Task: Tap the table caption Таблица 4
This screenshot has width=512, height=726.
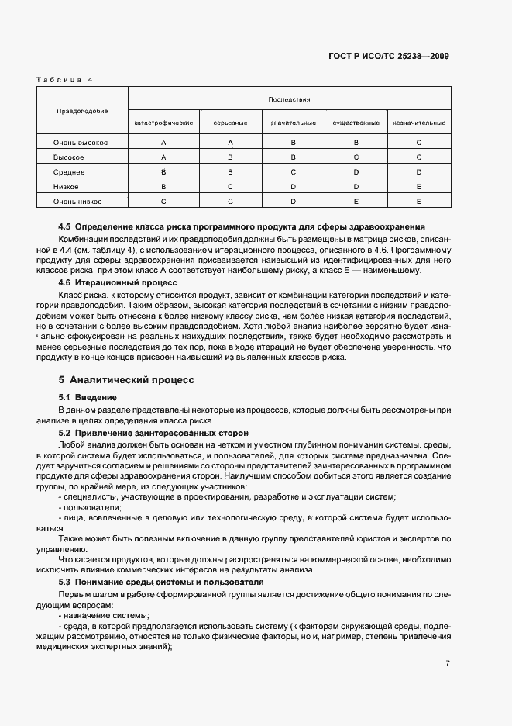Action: pyautogui.click(x=64, y=80)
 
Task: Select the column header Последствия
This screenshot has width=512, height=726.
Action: pyautogui.click(x=289, y=99)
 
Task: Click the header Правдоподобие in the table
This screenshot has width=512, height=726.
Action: pyautogui.click(x=81, y=111)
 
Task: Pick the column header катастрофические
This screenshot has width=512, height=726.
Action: pyautogui.click(x=163, y=123)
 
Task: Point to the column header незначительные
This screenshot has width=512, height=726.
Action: pyautogui.click(x=418, y=123)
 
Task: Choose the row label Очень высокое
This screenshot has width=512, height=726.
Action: pyautogui.click(x=80, y=143)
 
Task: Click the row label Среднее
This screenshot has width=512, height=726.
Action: pyautogui.click(x=69, y=171)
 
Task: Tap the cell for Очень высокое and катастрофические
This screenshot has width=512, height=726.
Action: pyautogui.click(x=163, y=143)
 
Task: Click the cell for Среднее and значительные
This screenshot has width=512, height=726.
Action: pyautogui.click(x=293, y=171)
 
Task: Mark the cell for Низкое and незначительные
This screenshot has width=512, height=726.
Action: pyautogui.click(x=418, y=186)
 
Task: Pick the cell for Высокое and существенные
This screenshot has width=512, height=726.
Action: pyautogui.click(x=356, y=157)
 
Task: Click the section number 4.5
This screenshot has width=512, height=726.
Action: pyautogui.click(x=66, y=226)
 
